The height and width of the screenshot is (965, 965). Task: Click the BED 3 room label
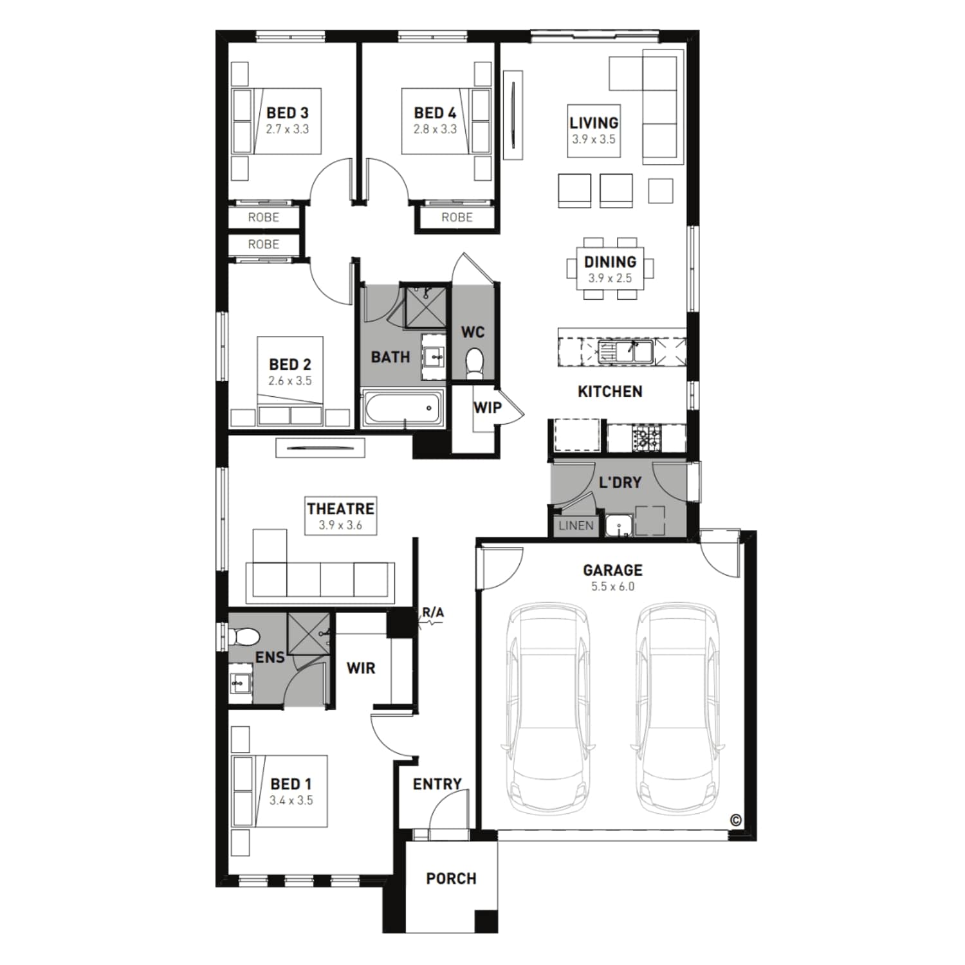coord(288,113)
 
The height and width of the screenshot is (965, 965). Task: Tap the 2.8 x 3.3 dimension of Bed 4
coord(435,129)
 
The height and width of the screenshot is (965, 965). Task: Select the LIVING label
coord(594,123)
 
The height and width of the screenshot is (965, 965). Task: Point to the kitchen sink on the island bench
coord(625,352)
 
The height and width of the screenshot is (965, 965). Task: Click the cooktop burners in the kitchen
coord(646,438)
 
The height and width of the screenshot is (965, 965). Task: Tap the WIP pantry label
coord(487,408)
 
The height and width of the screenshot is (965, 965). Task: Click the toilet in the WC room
coord(474,362)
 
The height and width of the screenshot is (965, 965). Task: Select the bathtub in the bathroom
coord(403,408)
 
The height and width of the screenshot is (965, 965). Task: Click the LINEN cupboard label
coord(576,526)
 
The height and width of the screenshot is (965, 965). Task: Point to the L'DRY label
coord(620,482)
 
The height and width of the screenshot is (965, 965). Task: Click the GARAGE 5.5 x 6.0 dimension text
coord(612,587)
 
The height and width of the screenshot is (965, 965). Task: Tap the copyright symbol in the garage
coord(736,820)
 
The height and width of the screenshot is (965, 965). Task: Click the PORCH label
coord(451,879)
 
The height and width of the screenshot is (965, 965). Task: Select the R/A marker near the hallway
coord(433,612)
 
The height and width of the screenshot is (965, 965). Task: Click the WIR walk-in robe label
coord(360,668)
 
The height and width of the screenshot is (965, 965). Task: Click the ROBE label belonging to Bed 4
coord(457,217)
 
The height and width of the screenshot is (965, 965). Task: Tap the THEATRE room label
coord(340,509)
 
